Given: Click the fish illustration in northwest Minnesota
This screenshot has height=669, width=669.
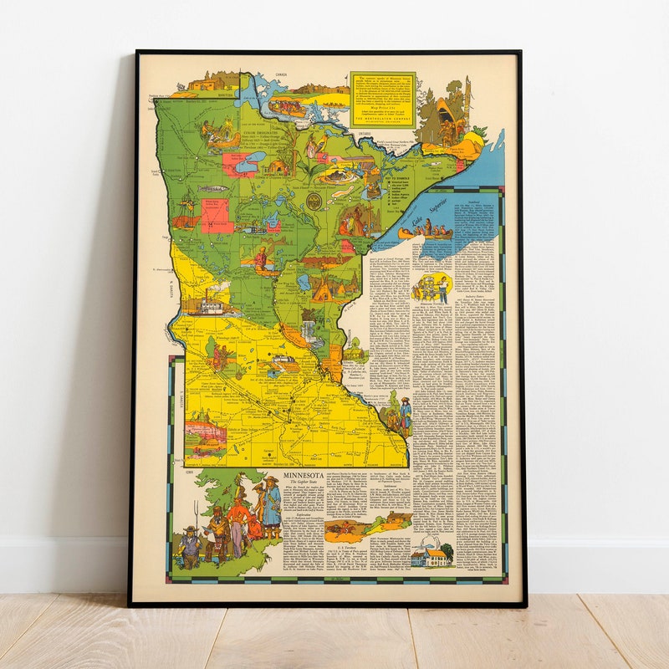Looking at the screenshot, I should [211, 189].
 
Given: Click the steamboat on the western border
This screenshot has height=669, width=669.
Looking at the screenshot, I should [203, 303].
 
